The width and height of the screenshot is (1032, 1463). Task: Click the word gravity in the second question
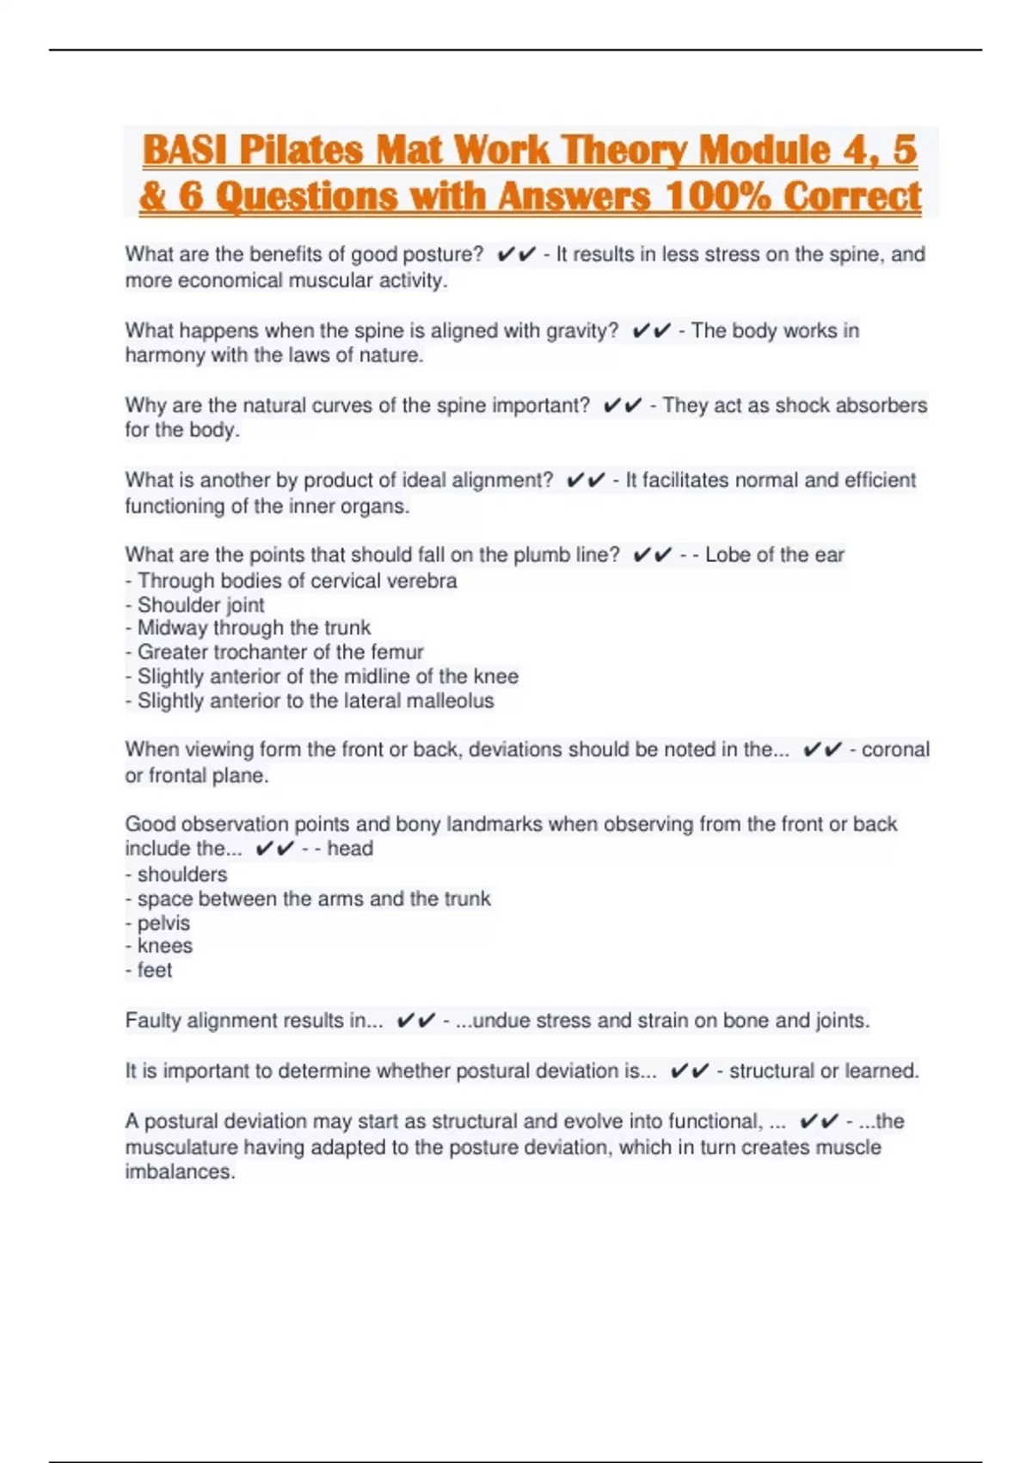(582, 330)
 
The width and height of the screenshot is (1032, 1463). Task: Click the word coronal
(895, 750)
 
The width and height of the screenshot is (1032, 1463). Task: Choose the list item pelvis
(163, 923)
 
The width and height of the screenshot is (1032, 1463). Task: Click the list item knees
(165, 947)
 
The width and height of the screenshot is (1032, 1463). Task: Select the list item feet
(155, 971)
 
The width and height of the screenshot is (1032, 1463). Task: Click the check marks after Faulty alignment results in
(415, 1022)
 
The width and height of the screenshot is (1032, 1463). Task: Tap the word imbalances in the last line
(180, 1172)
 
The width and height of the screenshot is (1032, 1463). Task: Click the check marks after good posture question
(516, 255)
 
